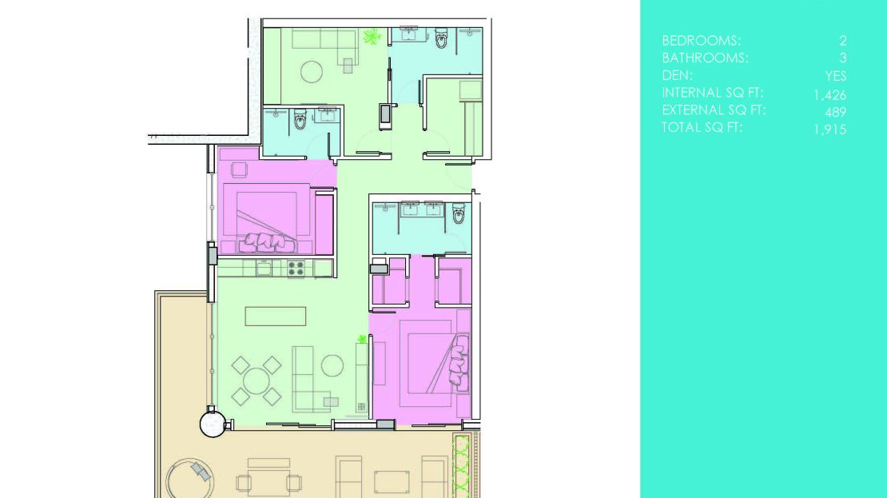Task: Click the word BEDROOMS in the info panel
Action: pos(701,41)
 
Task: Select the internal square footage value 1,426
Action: pos(829,95)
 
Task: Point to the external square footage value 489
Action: pos(835,112)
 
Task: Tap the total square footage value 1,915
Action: pos(829,129)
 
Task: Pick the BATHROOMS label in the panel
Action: pos(705,58)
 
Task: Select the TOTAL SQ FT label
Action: pos(702,127)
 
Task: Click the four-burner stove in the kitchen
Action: pos(296,269)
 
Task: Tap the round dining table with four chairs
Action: pos(257,380)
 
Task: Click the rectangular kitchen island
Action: pos(276,317)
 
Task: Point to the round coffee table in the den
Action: pos(311,72)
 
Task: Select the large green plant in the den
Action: pos(372,38)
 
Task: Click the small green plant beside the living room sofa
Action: pos(361,339)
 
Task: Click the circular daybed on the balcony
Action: pos(189,478)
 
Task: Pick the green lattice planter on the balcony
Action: pos(462,465)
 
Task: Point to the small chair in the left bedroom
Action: pos(239,169)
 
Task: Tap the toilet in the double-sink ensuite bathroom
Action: pos(458,213)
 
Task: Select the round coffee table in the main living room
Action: pos(332,365)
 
